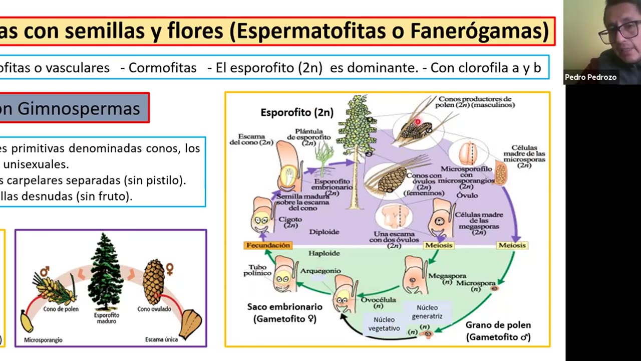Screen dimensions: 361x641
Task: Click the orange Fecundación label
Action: tap(268, 245)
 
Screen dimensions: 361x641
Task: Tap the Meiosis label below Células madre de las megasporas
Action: tap(438, 245)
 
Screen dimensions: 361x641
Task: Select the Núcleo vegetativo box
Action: tap(384, 324)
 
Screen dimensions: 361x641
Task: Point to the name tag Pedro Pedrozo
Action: tap(590, 77)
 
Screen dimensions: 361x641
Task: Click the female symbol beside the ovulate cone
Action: tap(170, 269)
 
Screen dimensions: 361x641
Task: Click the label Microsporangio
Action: tap(43, 340)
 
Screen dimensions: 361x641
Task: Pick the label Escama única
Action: tap(161, 339)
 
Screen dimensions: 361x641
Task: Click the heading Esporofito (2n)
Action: tap(297, 113)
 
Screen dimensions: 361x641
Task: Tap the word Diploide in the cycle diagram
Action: tap(324, 232)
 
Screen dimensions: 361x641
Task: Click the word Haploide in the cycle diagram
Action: tap(324, 253)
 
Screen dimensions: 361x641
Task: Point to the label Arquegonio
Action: tap(320, 271)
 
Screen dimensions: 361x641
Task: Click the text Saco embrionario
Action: tap(284, 306)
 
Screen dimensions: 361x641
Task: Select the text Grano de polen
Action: tap(498, 325)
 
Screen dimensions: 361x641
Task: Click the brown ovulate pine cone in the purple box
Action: tap(153, 282)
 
